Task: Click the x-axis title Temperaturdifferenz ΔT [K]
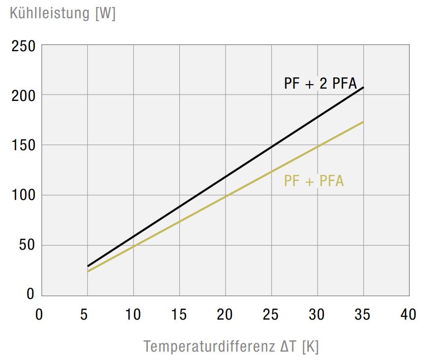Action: coord(231,346)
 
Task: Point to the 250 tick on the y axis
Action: coord(24,47)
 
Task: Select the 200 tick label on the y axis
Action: coord(24,96)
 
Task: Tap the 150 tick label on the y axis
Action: coord(24,146)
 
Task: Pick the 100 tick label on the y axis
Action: coord(24,196)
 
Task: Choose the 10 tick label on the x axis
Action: coord(133,314)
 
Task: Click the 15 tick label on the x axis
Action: coord(179,314)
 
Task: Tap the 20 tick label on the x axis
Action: coord(225,314)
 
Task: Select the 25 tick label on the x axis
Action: coord(271,314)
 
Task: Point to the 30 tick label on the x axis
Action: coord(317,314)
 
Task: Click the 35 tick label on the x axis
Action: coord(363,314)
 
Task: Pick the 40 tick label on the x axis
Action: coord(409,314)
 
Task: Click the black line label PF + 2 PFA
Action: coord(320,84)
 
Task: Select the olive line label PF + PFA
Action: coord(314,181)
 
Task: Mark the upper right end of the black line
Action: coord(363,87)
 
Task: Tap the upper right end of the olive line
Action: coord(363,122)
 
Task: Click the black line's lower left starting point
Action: coord(88,266)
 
